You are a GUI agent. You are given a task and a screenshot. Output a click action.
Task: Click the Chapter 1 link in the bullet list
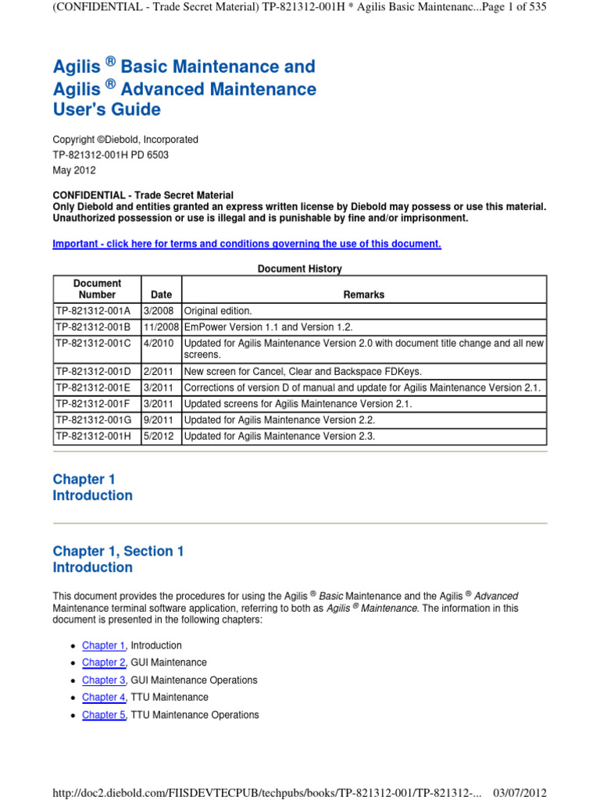coord(103,645)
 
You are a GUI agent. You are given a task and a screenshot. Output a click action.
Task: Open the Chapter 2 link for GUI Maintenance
coord(103,662)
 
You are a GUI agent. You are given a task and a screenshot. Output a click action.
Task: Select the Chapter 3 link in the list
coord(103,680)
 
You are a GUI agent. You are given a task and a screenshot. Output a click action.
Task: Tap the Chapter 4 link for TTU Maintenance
coord(103,697)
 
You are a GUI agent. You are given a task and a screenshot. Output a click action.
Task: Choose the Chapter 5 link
coord(103,715)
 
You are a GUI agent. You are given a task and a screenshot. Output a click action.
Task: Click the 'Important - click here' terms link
coord(247,244)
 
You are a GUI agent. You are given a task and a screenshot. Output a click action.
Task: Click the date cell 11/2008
coord(162,327)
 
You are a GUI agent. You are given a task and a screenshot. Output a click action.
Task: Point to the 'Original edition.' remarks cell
coord(218,310)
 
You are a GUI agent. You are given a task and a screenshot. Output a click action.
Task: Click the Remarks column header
coord(364,295)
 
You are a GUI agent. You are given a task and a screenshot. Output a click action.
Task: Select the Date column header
coord(162,295)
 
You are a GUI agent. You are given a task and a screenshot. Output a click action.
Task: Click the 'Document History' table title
coord(300,269)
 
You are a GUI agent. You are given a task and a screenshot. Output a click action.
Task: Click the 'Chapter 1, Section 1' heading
coord(118,551)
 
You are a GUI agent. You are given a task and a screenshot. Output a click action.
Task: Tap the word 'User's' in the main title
coord(78,109)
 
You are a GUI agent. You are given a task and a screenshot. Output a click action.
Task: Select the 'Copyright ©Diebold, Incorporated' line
coord(125,139)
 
